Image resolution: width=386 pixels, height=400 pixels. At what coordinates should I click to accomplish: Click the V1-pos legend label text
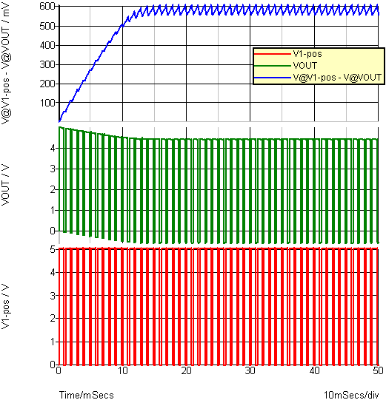coord(307,54)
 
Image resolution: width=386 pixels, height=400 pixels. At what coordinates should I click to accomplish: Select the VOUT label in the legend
coord(305,66)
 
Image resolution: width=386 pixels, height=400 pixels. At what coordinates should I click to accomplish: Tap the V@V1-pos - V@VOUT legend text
coord(337,78)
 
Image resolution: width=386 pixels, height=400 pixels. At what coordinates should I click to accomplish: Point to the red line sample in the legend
coord(273,54)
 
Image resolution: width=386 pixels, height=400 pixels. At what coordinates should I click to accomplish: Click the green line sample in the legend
coord(273,66)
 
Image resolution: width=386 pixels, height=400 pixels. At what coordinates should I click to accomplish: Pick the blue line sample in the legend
coord(273,78)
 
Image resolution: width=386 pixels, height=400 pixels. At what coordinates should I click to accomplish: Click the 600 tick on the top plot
coord(47,7)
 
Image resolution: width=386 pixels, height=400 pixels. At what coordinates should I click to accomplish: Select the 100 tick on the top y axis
coord(47,103)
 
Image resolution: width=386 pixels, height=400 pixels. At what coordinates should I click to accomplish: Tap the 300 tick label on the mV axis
coord(47,65)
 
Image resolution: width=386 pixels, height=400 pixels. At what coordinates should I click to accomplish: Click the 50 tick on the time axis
coord(378,370)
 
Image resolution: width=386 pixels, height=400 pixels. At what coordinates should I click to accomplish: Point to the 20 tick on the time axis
coord(187,370)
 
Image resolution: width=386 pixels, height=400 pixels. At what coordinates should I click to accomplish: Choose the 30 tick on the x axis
coord(250,370)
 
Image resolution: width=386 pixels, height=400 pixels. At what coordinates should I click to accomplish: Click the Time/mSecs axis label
coord(87,395)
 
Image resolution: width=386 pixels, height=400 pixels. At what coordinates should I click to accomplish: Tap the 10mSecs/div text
coord(351,395)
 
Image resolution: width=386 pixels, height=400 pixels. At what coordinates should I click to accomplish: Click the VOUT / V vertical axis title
coord(5,185)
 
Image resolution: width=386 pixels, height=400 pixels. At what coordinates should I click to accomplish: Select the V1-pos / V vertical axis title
coord(5,306)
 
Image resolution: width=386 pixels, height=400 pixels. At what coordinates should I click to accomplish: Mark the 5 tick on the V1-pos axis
coord(53,249)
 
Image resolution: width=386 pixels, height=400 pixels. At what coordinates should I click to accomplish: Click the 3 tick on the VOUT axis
coord(53,169)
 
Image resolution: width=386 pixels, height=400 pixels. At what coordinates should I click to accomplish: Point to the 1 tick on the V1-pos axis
coord(53,342)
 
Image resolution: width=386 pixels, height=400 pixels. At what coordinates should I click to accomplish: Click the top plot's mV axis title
coord(5,63)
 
